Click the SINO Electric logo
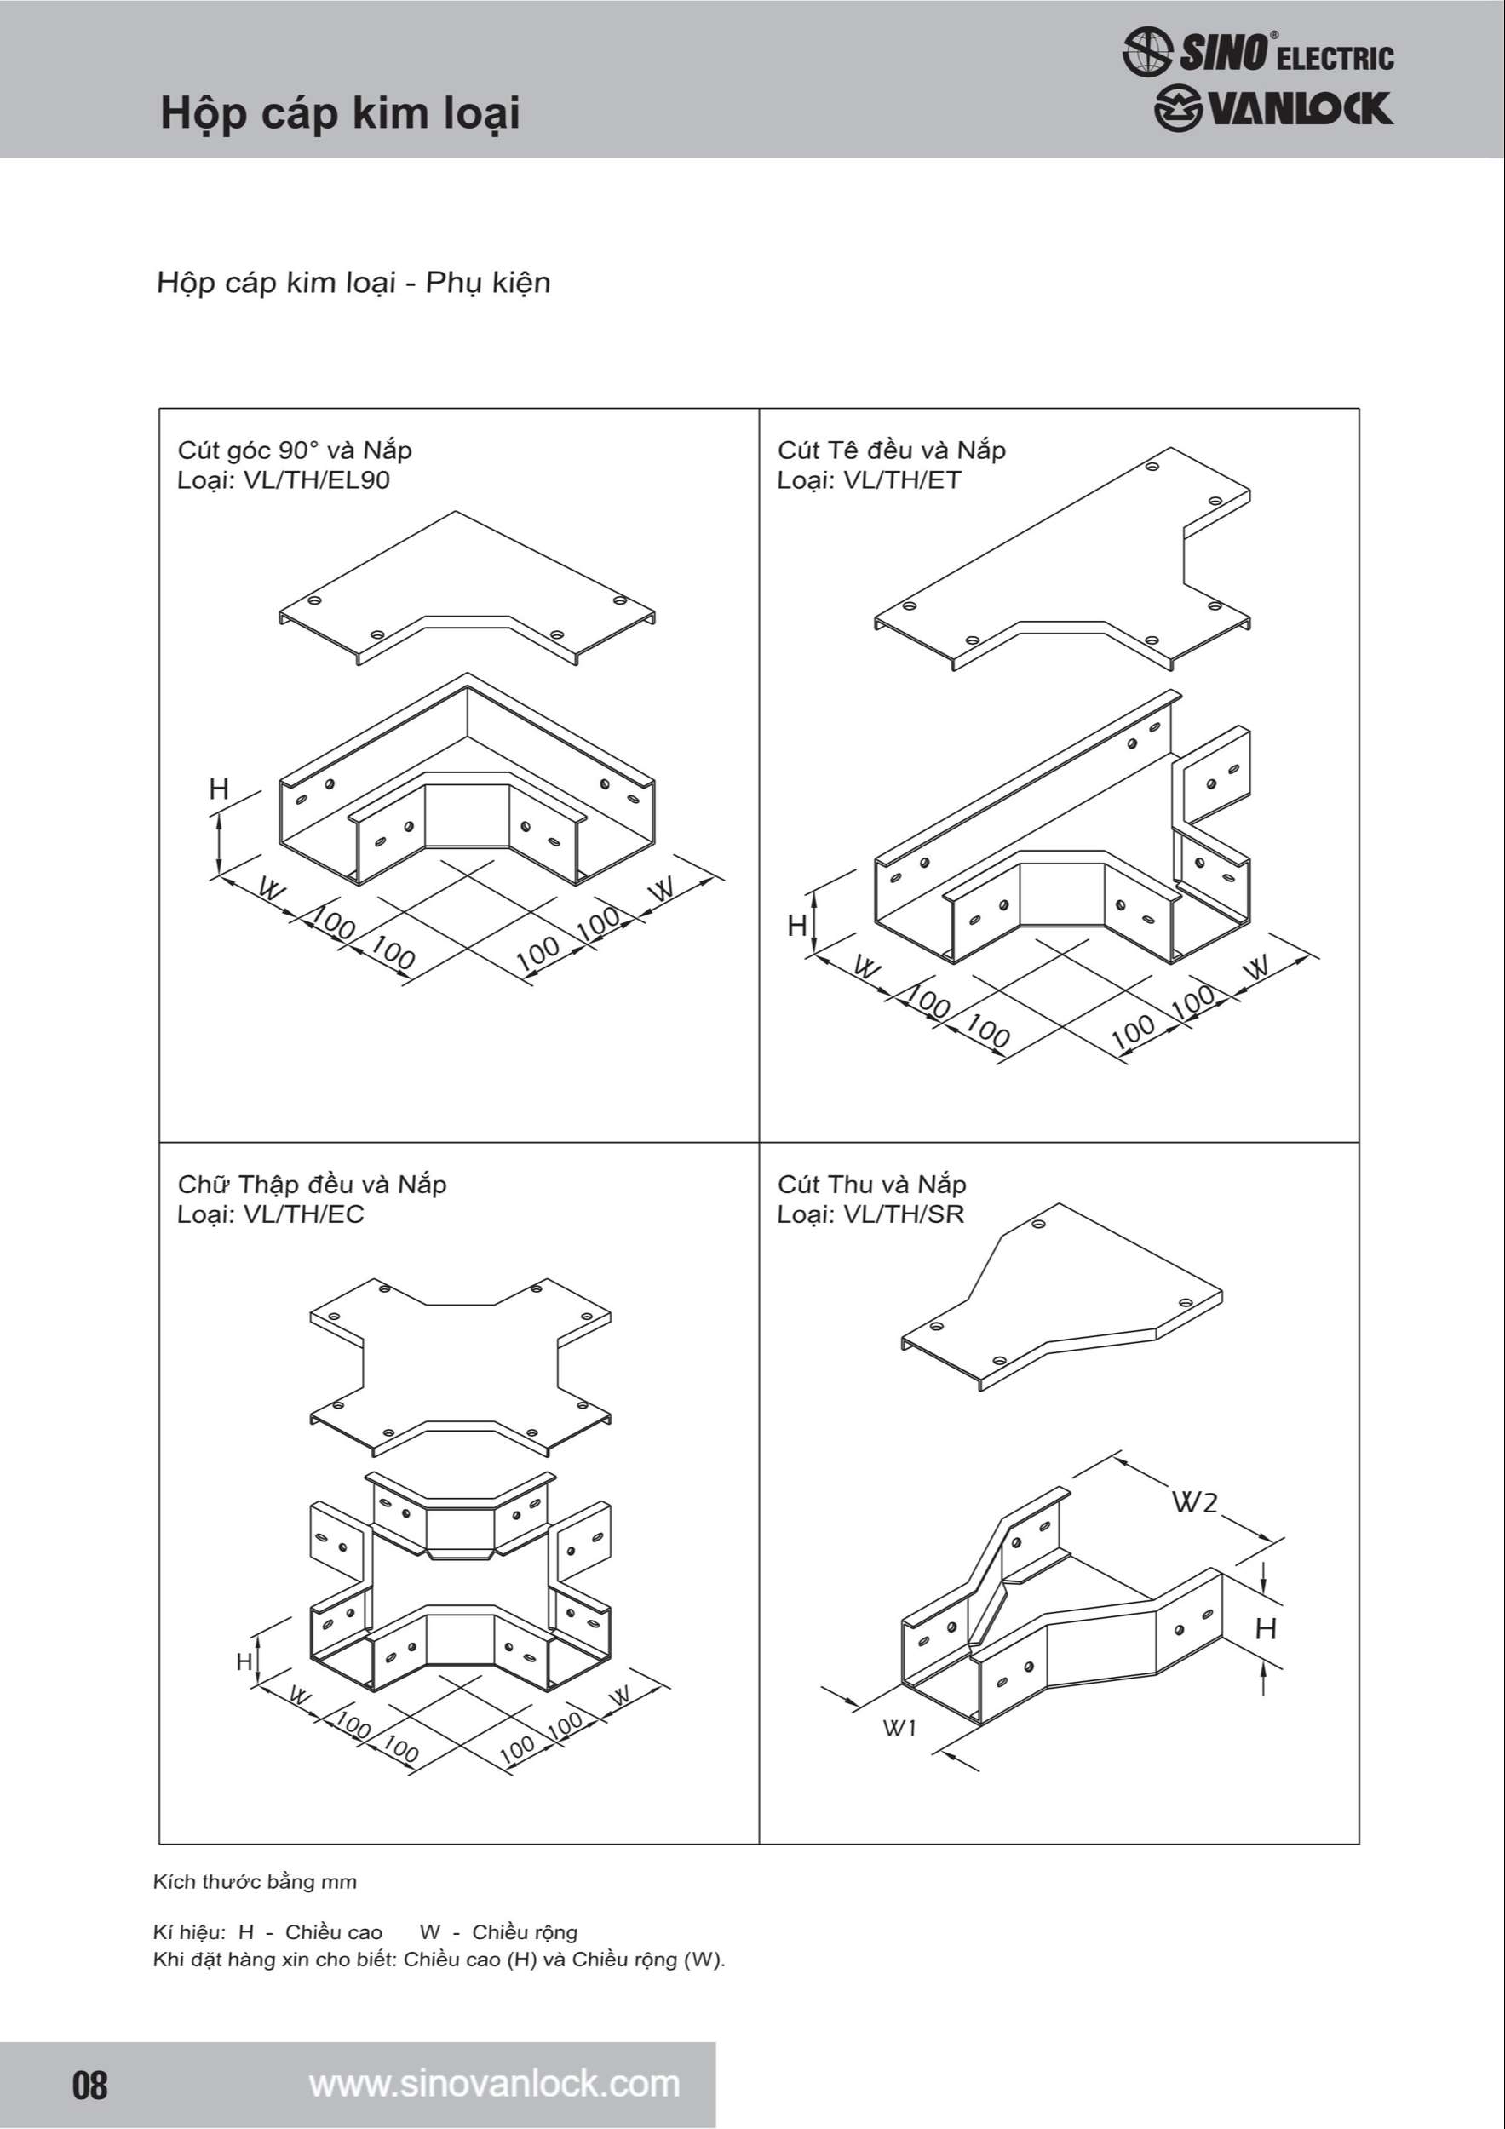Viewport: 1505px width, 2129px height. (x=1257, y=51)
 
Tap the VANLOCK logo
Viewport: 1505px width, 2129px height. (x=1273, y=109)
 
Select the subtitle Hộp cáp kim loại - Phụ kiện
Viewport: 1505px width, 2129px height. (x=353, y=283)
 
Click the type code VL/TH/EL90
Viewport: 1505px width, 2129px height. (x=316, y=480)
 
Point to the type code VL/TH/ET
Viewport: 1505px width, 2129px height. (x=901, y=480)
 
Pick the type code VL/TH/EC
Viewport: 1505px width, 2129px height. (x=303, y=1214)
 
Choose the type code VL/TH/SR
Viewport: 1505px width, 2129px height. (x=903, y=1214)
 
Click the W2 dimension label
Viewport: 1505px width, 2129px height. (x=1195, y=1501)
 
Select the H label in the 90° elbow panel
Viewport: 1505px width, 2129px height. (x=219, y=789)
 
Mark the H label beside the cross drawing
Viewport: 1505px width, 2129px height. (x=244, y=1661)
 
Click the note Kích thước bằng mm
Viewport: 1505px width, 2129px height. (x=255, y=1882)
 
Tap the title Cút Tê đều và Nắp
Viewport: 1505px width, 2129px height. (x=891, y=450)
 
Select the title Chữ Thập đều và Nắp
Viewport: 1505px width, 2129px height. (x=312, y=1185)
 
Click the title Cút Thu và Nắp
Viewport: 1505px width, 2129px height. (x=871, y=1185)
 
